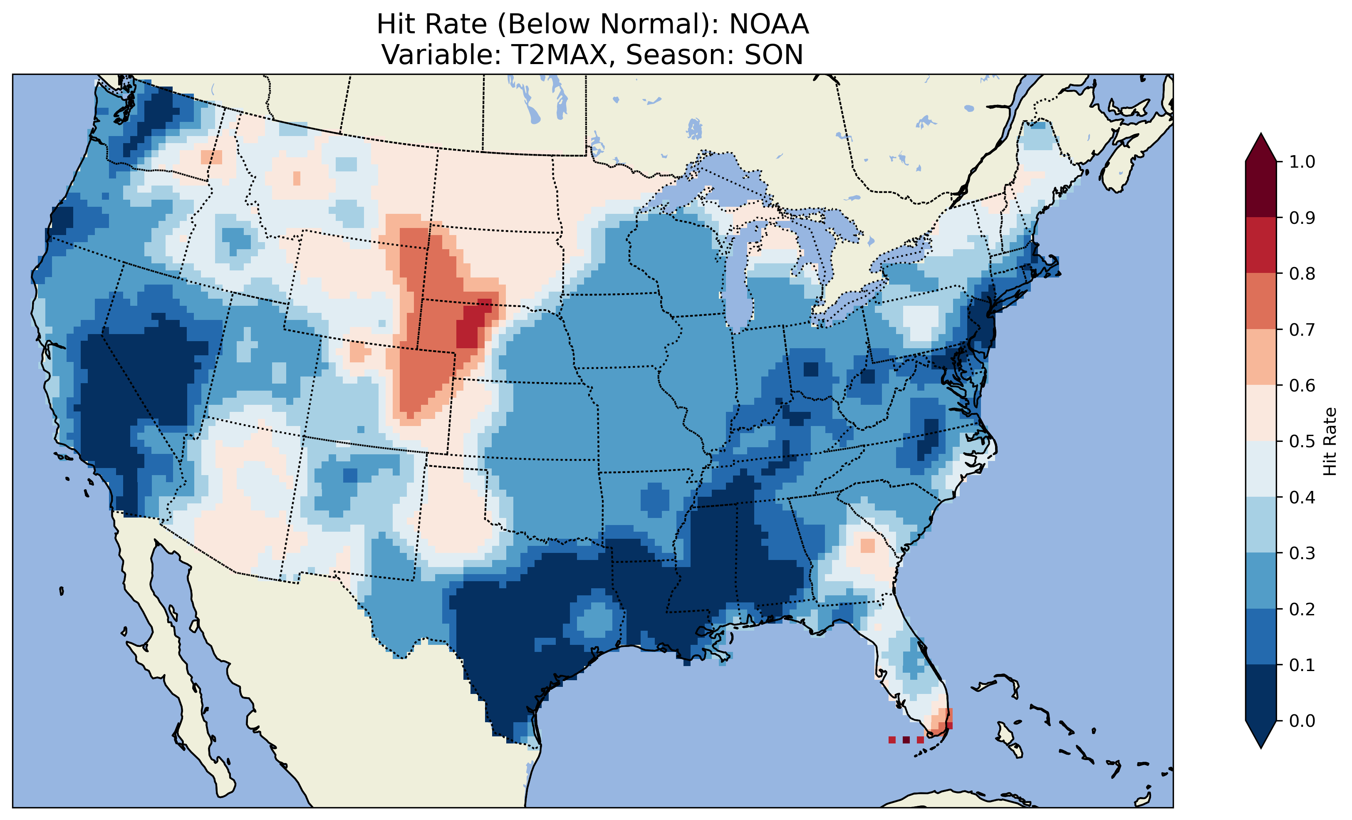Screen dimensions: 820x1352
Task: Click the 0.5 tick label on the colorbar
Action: click(x=1302, y=441)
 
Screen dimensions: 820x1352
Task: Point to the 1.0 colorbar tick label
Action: click(x=1302, y=162)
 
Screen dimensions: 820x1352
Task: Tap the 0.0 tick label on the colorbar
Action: click(x=1302, y=721)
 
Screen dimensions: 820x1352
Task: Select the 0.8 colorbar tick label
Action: click(x=1302, y=274)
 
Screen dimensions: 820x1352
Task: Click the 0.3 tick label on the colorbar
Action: click(x=1302, y=553)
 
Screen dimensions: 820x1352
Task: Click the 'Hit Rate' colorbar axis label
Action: click(x=1330, y=441)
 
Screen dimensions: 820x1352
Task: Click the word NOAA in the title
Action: click(x=769, y=24)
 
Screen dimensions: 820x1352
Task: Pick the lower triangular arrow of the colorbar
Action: click(x=1261, y=734)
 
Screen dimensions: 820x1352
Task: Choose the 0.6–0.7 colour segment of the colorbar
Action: click(x=1261, y=357)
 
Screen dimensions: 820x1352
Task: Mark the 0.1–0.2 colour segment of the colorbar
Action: click(x=1261, y=637)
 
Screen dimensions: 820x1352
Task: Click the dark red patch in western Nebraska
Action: click(x=473, y=325)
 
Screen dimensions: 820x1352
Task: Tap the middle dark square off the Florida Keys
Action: click(x=906, y=740)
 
